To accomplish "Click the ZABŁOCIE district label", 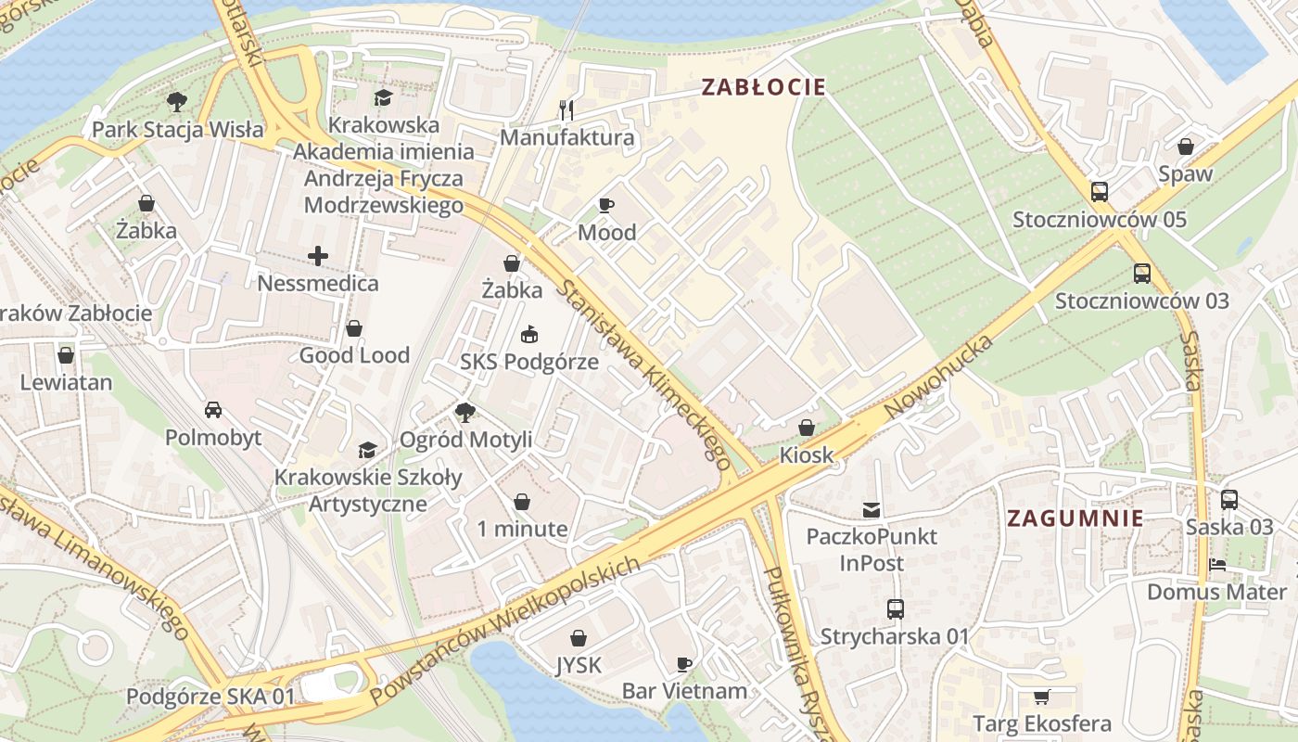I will tap(763, 87).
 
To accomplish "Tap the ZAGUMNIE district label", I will tap(1075, 518).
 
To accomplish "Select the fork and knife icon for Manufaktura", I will tap(567, 110).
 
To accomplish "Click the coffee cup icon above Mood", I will tap(606, 205).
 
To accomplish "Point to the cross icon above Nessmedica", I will tap(318, 256).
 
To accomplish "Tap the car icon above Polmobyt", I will tap(213, 410).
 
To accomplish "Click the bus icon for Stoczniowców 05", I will tap(1100, 192).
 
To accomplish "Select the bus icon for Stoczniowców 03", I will tap(1142, 274).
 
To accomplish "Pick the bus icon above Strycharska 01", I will tap(895, 609).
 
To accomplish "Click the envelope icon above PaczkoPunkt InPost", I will tap(872, 509).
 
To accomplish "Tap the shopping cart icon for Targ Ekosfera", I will tap(1041, 697).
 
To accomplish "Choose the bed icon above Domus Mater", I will tap(1217, 565).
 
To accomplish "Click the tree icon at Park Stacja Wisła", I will tap(176, 102).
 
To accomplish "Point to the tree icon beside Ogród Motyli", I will tap(464, 412).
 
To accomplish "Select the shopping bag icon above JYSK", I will tap(579, 638).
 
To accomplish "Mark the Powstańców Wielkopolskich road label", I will tap(505, 631).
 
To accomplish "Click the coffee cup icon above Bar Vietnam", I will tap(684, 664).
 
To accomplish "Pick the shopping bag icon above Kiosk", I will tap(807, 428).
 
